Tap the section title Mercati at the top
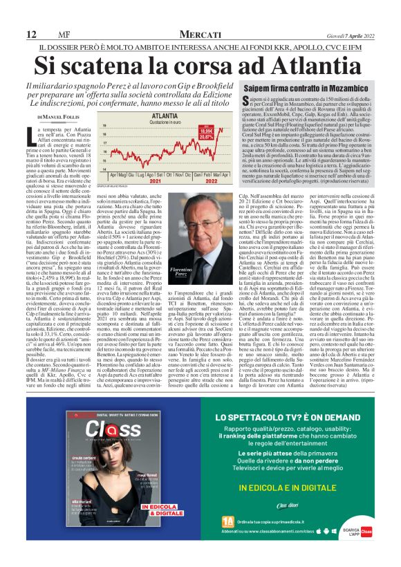[200, 34]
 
